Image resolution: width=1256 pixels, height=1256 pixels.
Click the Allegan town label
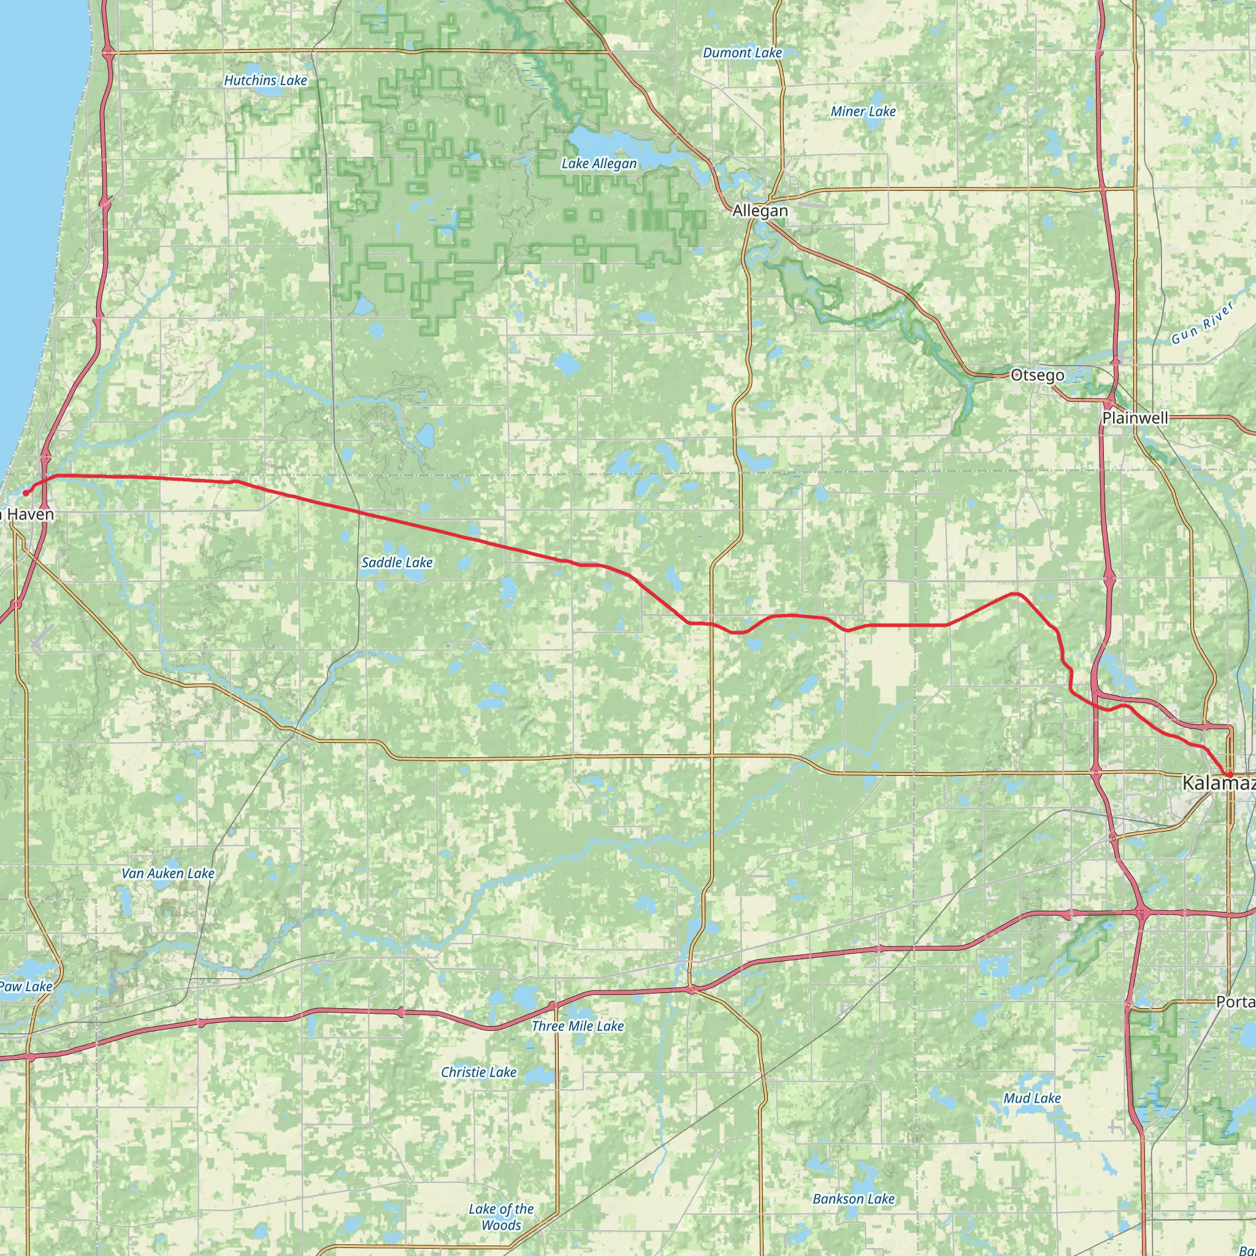[x=759, y=210]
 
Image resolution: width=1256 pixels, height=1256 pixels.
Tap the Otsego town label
[x=1038, y=375]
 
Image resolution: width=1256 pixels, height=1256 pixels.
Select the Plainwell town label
[x=1135, y=418]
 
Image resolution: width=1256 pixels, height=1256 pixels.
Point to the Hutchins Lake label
[x=265, y=80]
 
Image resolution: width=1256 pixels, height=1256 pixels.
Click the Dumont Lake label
[x=743, y=53]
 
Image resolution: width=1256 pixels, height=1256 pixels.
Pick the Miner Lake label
[x=863, y=112]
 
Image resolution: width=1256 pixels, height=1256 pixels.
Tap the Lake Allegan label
[x=599, y=164]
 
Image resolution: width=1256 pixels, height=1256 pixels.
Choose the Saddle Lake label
[x=397, y=562]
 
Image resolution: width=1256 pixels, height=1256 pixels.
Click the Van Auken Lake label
[x=167, y=874]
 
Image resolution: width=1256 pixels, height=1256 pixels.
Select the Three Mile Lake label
[x=577, y=1027]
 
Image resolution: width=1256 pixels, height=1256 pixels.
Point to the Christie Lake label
[x=478, y=1073]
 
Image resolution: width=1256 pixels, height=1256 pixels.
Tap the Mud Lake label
[x=1032, y=1098]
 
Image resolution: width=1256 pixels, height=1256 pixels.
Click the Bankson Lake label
[x=854, y=1181]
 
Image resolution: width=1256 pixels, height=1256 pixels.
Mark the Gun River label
[x=1202, y=323]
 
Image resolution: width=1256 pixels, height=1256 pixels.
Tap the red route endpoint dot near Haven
[x=25, y=494]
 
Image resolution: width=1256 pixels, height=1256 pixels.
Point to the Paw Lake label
[x=26, y=987]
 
